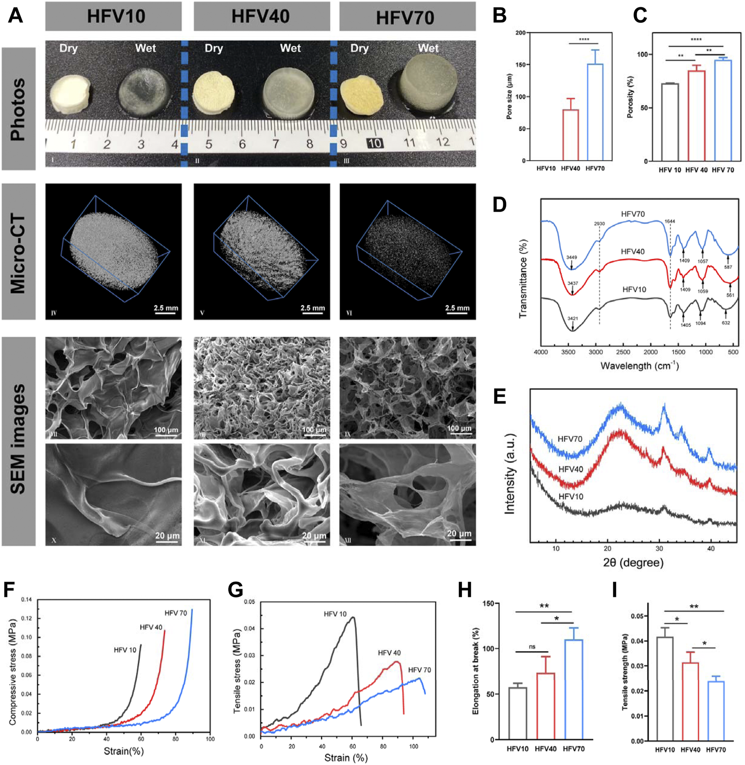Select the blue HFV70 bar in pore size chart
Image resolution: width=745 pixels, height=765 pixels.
[595, 112]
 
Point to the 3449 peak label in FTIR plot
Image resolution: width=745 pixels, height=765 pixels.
[572, 258]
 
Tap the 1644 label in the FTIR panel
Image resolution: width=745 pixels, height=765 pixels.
[670, 221]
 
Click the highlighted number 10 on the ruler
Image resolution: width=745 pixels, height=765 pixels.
[374, 143]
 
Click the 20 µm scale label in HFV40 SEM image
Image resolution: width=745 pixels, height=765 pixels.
[313, 535]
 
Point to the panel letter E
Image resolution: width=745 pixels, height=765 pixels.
[499, 397]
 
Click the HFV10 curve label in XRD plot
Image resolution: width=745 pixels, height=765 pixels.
[571, 497]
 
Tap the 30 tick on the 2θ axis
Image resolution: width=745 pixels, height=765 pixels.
[659, 548]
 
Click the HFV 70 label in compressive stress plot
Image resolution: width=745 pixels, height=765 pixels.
[175, 613]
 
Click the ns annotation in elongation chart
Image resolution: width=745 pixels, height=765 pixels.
[532, 647]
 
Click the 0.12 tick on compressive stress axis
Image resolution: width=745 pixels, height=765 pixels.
[27, 618]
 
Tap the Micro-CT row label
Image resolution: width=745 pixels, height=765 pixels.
[18, 252]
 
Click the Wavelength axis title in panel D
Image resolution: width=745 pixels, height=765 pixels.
[639, 366]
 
